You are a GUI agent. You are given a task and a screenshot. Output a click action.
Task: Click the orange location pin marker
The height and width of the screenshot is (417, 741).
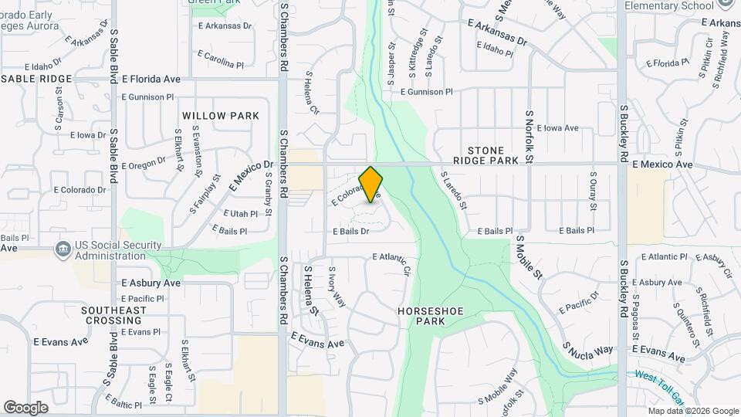371,184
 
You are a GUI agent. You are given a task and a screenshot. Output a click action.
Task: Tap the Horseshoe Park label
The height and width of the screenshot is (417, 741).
430,316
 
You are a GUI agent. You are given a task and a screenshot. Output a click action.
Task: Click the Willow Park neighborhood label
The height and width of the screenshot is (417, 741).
221,116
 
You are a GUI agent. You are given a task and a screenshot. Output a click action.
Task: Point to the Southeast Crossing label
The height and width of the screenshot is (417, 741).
113,315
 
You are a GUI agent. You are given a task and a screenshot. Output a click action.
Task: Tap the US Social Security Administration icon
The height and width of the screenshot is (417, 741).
62,249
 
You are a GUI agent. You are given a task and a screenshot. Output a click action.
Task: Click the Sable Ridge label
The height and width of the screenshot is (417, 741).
36,79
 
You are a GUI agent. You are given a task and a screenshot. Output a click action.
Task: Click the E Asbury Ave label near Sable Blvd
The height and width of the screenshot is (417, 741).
151,283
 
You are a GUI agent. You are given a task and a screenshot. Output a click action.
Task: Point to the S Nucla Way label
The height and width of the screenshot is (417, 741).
587,350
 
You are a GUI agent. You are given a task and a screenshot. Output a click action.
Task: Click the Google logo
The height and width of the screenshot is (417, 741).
25,407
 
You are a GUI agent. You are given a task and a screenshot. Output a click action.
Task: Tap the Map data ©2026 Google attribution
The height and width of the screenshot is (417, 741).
692,411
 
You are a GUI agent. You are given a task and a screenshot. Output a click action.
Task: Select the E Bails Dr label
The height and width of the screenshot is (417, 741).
351,231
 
